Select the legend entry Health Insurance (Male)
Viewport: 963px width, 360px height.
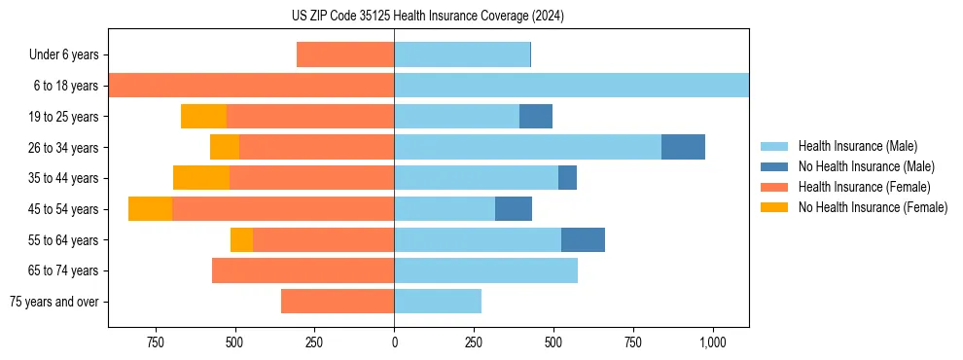[856, 146]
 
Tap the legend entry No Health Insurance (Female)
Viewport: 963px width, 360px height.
[872, 207]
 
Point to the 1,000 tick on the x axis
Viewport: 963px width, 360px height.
[713, 342]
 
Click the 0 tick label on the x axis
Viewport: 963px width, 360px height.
[394, 342]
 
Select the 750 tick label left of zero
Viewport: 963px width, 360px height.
[155, 342]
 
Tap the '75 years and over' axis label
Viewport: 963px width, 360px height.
[54, 302]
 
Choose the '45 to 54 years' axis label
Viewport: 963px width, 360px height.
[63, 209]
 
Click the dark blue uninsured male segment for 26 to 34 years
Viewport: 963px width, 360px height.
[683, 147]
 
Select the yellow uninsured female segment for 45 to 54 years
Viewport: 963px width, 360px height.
[150, 208]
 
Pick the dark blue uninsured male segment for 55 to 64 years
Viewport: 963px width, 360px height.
[583, 239]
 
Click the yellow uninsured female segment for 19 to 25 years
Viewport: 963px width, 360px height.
[203, 117]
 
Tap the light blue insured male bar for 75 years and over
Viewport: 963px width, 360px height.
[438, 301]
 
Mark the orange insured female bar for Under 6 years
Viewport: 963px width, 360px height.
[345, 54]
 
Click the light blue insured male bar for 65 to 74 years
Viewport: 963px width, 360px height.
[485, 270]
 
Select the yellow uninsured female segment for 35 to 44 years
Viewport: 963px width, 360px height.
[201, 178]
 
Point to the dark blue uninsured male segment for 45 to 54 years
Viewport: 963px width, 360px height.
[514, 208]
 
